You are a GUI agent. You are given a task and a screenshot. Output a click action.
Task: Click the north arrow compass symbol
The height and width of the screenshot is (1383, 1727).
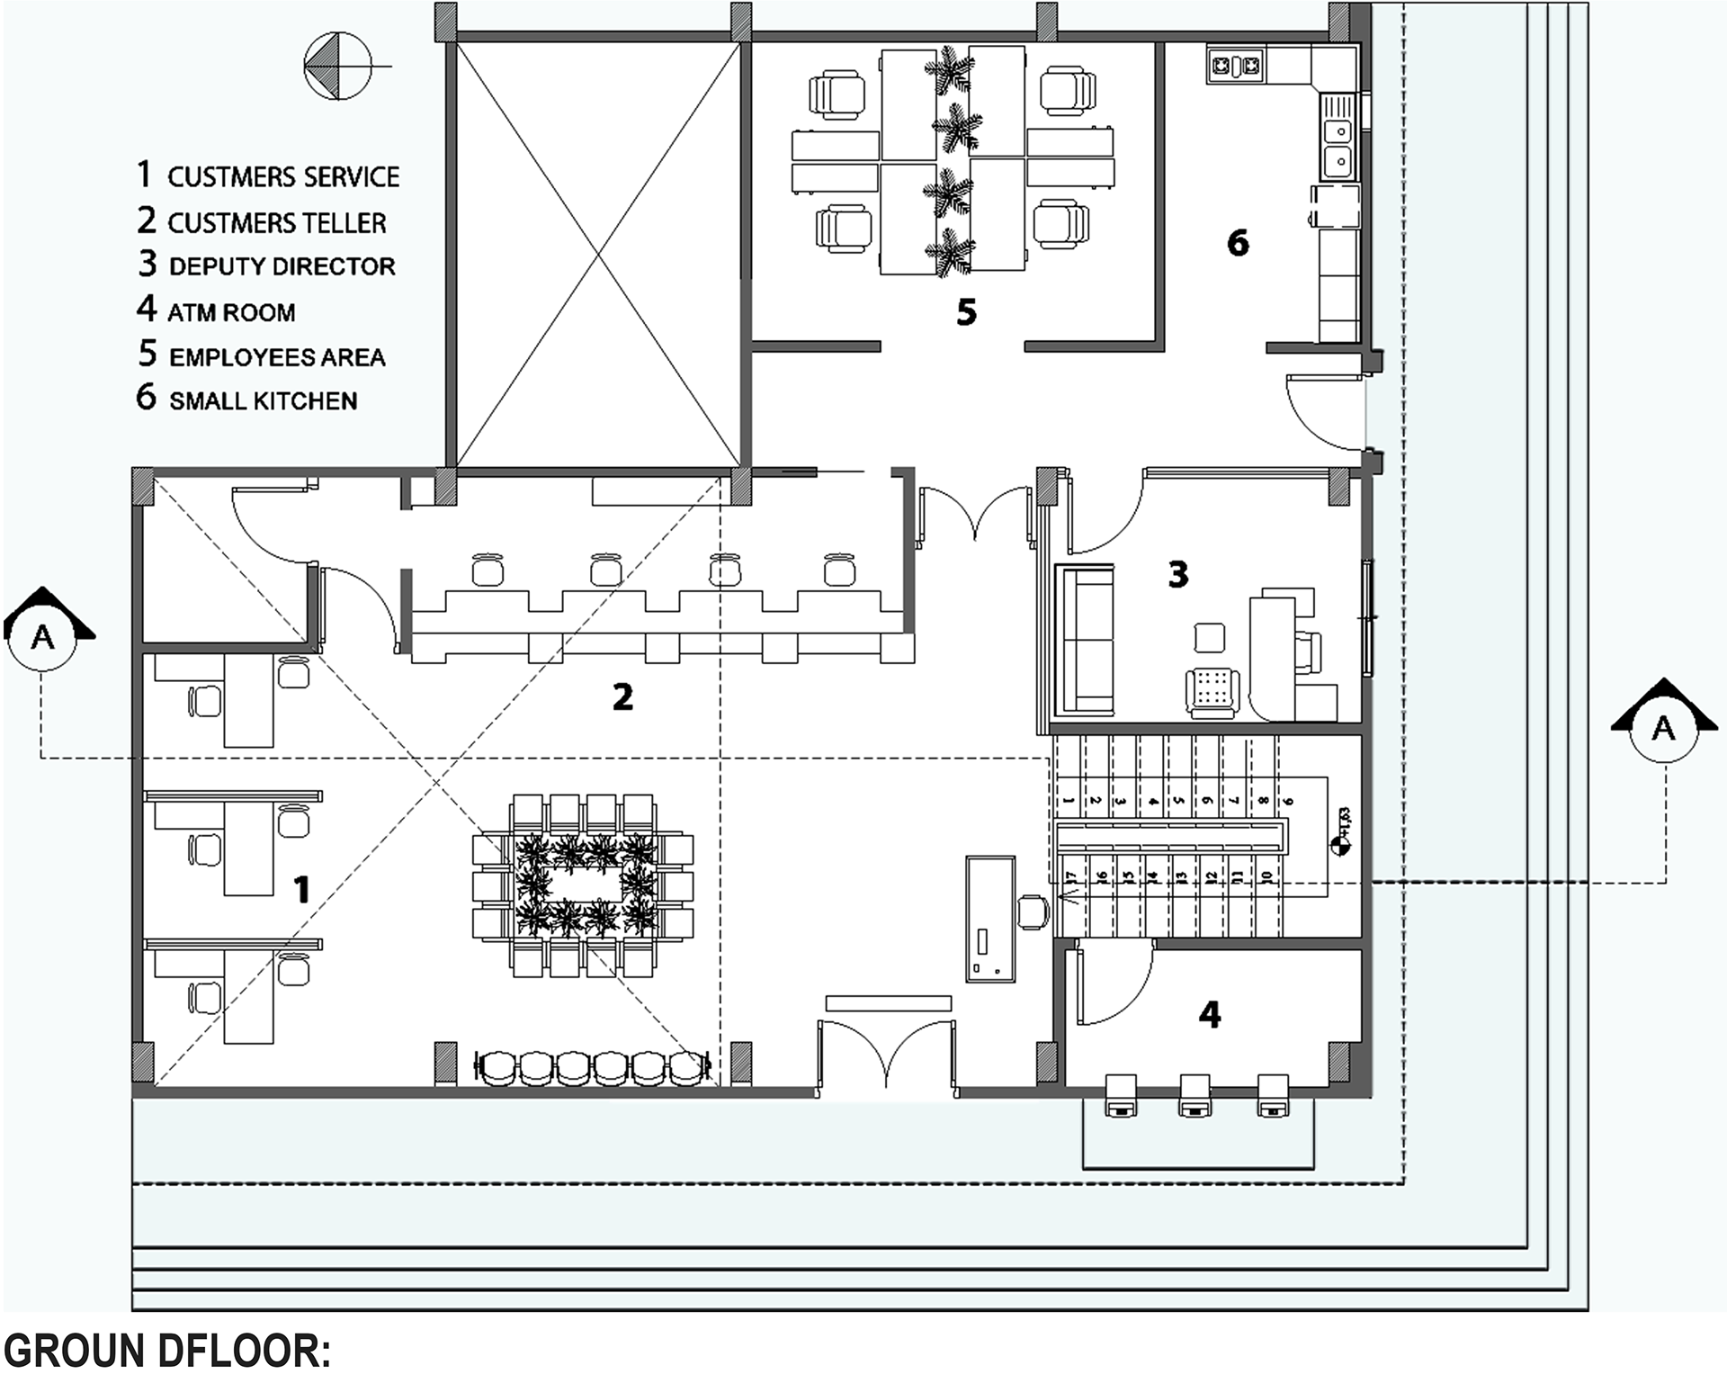[x=337, y=66]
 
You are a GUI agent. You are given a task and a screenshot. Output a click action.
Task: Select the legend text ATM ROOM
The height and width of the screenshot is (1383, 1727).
[x=231, y=312]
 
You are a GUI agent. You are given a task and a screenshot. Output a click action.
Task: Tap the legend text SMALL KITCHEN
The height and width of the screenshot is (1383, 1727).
[x=263, y=400]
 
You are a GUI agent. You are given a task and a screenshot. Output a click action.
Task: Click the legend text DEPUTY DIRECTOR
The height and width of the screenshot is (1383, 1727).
[x=282, y=266]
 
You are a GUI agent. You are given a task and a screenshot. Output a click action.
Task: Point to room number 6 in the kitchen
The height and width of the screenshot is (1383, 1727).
[x=1238, y=242]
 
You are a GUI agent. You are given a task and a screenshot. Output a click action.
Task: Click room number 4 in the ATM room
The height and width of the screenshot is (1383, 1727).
[x=1210, y=1015]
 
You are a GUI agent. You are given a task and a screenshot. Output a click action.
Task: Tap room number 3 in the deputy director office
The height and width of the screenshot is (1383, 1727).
[x=1177, y=574]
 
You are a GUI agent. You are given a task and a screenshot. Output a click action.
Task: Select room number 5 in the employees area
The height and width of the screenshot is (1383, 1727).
[x=966, y=312]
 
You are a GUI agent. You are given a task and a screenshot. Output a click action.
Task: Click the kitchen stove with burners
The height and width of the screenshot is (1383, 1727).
[x=1236, y=64]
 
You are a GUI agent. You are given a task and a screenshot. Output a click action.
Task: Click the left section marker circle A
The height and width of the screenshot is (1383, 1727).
[x=42, y=637]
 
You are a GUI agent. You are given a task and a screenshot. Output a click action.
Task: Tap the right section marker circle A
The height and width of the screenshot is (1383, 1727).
[x=1663, y=729]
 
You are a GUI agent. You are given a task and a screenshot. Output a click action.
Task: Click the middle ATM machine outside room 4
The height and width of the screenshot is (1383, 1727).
[x=1195, y=1095]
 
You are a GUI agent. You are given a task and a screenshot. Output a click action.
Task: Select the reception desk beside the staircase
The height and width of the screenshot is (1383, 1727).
[x=990, y=918]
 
